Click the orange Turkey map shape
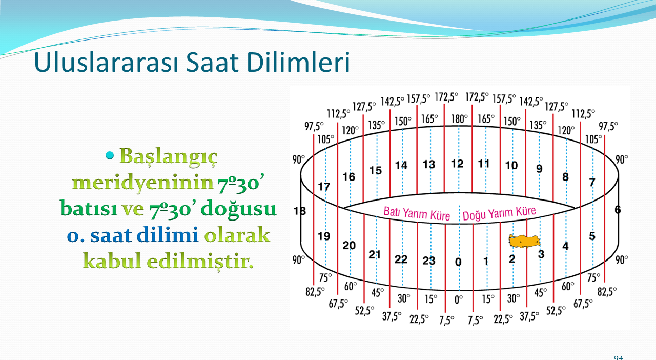(x=524, y=242)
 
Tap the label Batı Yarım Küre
(x=417, y=213)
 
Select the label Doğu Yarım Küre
(x=499, y=213)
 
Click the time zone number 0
(x=458, y=262)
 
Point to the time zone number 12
(x=457, y=164)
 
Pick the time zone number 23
(x=429, y=261)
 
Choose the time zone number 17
(x=324, y=187)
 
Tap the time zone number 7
(x=592, y=183)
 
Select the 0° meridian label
(x=459, y=299)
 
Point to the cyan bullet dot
(x=109, y=155)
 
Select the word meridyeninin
(x=143, y=184)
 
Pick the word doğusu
(x=239, y=209)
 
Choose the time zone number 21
(x=375, y=254)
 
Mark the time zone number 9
(x=539, y=169)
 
